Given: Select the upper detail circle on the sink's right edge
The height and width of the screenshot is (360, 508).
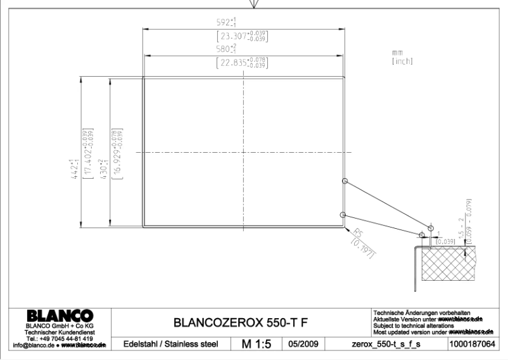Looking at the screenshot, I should point(345,181).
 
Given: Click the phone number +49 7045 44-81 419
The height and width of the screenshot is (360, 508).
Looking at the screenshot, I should point(61,338).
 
